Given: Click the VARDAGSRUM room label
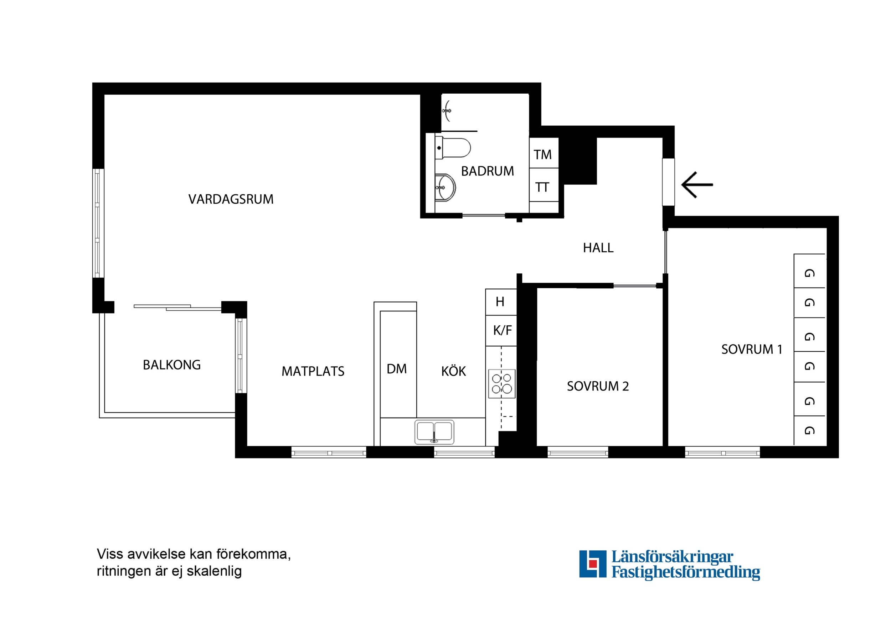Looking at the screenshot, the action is (x=231, y=199).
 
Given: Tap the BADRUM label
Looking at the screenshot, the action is (x=488, y=171).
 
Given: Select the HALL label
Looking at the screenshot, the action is (x=598, y=248).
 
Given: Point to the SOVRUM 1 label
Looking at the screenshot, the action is (x=752, y=349).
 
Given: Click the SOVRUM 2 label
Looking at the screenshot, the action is (x=598, y=386).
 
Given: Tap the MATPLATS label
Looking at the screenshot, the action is (x=313, y=371).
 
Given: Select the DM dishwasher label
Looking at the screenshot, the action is (x=397, y=369).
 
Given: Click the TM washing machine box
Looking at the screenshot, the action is (x=544, y=153).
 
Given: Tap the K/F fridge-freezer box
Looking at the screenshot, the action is (x=501, y=331).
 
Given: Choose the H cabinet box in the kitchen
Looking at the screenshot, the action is (x=501, y=302).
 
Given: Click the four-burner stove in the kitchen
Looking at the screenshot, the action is (x=502, y=384).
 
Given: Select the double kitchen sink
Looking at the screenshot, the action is (x=434, y=432).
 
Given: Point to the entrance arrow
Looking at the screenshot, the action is (x=697, y=185).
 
